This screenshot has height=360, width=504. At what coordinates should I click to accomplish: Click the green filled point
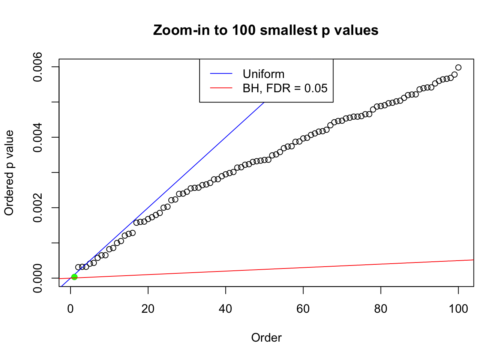[x=74, y=277]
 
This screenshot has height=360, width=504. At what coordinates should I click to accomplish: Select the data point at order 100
[x=458, y=67]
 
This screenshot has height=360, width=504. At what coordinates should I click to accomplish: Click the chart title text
[x=265, y=30]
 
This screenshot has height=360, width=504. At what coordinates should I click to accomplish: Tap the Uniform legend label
[x=263, y=74]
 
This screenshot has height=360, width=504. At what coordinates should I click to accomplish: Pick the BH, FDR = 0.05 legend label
[x=285, y=88]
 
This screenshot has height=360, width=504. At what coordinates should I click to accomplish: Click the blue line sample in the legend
[x=221, y=74]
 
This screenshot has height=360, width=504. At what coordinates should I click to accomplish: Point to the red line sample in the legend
[x=221, y=88]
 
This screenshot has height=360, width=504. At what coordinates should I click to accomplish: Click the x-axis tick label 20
[x=148, y=309]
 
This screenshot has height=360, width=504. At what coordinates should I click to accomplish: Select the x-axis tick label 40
[x=226, y=309]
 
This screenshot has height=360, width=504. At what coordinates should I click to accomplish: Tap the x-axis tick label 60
[x=303, y=309]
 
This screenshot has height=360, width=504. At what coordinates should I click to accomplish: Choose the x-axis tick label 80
[x=381, y=309]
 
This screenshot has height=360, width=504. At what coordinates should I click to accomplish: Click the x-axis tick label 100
[x=458, y=309]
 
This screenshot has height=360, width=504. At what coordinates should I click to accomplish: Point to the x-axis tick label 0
[x=70, y=309]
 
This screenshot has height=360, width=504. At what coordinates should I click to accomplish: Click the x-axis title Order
[x=266, y=337]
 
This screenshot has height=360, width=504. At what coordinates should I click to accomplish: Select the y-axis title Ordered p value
[x=9, y=173]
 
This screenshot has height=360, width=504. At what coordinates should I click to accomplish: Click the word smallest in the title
[x=288, y=30]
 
